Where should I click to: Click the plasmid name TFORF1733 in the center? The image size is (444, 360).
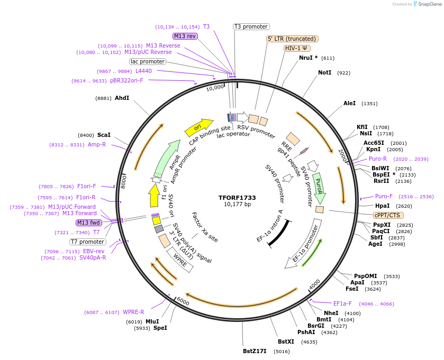(237, 197)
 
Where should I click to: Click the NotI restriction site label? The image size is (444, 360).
(324, 72)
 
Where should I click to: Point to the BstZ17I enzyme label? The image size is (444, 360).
(256, 350)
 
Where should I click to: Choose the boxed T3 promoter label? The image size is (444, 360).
(251, 26)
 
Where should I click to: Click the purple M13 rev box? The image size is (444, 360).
(185, 36)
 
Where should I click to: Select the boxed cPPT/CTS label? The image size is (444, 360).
(388, 215)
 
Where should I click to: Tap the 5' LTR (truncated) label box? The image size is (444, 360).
(292, 39)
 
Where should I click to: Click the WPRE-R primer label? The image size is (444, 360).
(133, 312)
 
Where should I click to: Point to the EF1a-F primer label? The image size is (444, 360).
(342, 303)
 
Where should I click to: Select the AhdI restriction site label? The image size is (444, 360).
(122, 98)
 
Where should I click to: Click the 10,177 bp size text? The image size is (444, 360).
(237, 205)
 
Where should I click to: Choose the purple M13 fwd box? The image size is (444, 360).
(88, 223)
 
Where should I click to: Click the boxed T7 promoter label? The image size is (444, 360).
(88, 242)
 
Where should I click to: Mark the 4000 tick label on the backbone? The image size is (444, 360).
(314, 284)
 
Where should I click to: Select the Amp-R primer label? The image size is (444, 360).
(97, 144)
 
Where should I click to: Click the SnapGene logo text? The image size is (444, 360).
(429, 4)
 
